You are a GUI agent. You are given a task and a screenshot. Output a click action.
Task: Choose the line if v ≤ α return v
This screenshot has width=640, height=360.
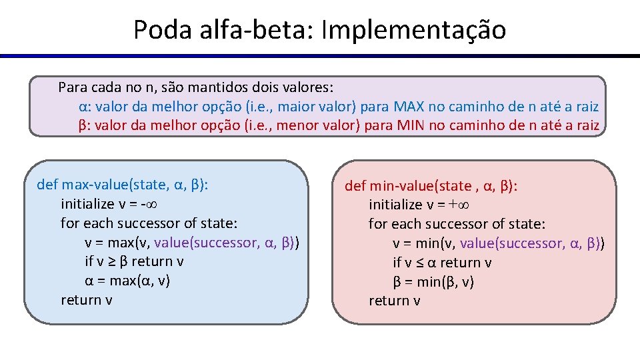442,263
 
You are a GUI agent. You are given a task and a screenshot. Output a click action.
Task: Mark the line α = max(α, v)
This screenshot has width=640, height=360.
127,281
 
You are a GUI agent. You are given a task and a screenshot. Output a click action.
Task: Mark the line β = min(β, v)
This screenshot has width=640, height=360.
433,282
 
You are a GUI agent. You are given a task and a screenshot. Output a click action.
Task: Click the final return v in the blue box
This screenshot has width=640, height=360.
86,300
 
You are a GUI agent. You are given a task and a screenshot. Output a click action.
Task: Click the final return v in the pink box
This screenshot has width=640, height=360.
395,301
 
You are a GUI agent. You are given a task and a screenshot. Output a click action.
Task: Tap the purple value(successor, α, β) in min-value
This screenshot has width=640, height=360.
531,243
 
